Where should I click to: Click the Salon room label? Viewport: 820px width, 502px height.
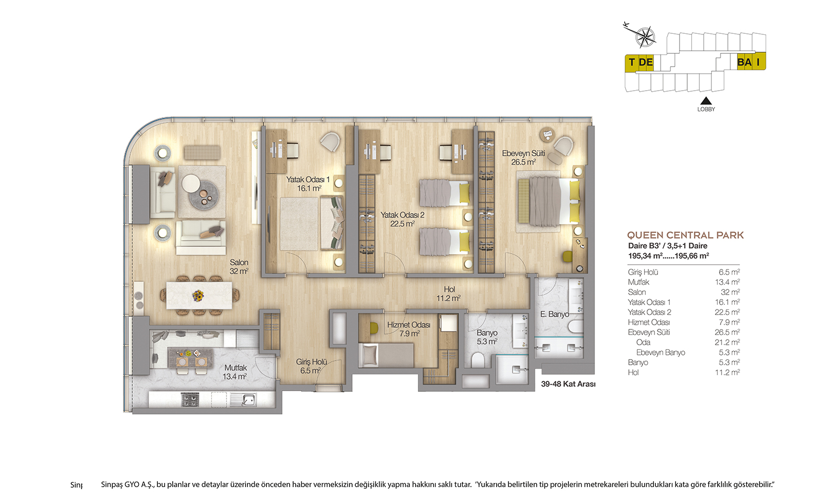point(239,262)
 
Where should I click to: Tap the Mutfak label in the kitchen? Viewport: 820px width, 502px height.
point(235,368)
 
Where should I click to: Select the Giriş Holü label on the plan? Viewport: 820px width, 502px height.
point(311,362)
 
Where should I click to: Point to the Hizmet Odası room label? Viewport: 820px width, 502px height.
point(408,325)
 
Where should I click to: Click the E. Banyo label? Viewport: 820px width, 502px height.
point(555,315)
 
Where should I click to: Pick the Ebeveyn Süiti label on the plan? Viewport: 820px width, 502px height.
point(523,153)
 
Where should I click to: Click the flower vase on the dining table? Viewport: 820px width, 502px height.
point(198,295)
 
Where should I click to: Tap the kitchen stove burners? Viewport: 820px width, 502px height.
point(190,400)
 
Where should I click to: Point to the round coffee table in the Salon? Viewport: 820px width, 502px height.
point(204,195)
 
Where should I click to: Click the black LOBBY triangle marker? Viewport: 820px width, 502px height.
point(706,100)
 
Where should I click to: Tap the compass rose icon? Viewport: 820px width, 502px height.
point(645,37)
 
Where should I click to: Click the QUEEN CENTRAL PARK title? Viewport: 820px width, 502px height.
point(685,235)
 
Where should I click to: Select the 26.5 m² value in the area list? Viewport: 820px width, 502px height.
point(728,332)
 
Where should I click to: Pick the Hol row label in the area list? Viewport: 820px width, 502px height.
point(633,372)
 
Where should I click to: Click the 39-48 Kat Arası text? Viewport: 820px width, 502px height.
point(568,384)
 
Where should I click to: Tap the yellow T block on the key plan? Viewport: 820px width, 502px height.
point(631,62)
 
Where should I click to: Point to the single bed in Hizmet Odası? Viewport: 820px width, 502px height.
point(386,355)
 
